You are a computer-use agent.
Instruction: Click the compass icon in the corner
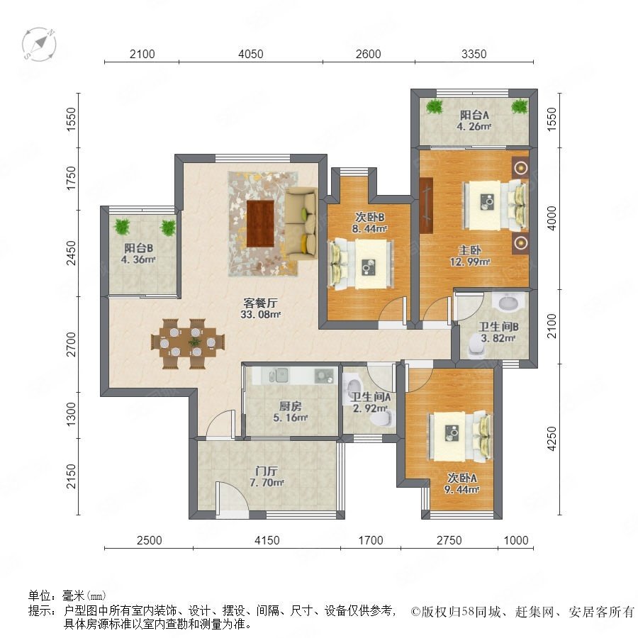click(39, 43)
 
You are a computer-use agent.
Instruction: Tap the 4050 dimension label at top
click(251, 54)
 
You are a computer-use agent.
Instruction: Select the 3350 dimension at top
click(474, 54)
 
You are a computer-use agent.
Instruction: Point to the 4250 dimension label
click(552, 439)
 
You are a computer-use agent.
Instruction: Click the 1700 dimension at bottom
click(371, 540)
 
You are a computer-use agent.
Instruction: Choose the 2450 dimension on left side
click(71, 253)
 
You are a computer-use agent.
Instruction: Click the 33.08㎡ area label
click(261, 314)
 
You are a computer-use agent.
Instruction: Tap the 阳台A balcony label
click(474, 115)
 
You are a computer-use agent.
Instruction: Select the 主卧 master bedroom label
click(469, 250)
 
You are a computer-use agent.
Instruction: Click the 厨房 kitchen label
click(290, 406)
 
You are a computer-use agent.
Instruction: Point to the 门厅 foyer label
click(267, 471)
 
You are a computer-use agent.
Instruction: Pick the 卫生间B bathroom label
click(498, 327)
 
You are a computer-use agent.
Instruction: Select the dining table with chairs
click(188, 343)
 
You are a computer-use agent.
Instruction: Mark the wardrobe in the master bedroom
click(425, 206)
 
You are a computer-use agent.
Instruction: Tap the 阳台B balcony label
click(139, 248)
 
